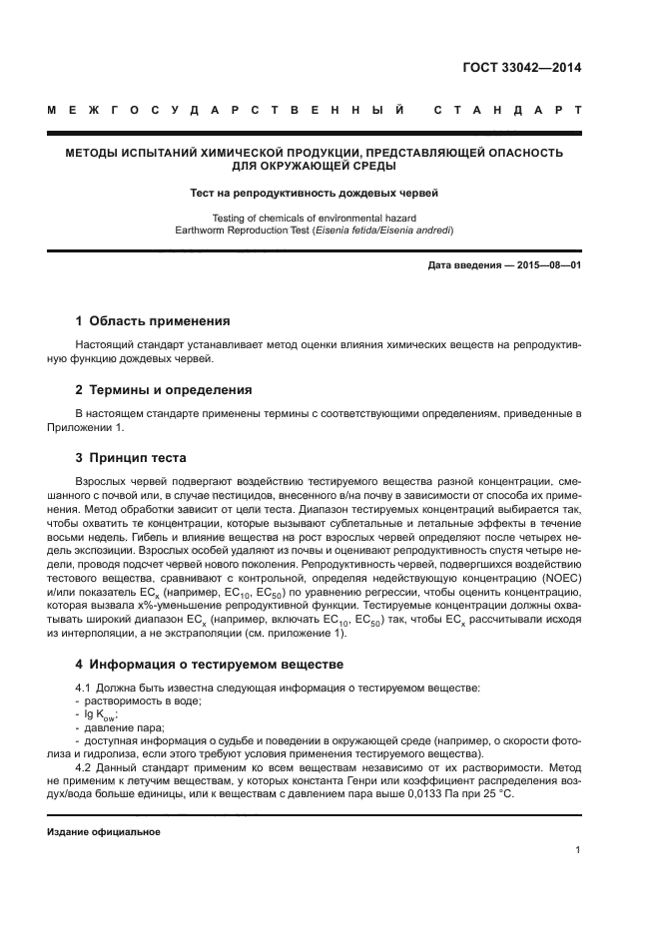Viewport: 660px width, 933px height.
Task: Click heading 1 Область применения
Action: click(153, 321)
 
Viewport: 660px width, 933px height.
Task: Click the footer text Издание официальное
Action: click(104, 831)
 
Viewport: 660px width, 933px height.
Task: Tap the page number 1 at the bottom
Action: click(578, 850)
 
